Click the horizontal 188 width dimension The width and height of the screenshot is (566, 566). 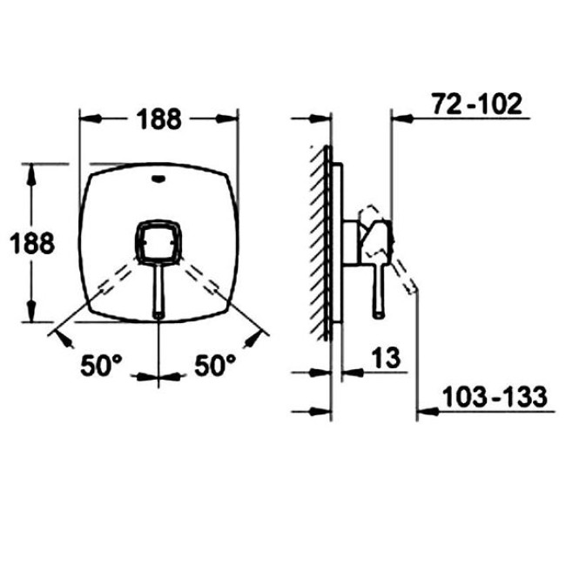click(158, 119)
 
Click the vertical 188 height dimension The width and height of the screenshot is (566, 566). click(32, 243)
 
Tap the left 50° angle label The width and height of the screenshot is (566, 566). click(102, 366)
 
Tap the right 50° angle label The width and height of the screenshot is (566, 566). click(215, 366)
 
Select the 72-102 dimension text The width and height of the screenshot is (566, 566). click(477, 104)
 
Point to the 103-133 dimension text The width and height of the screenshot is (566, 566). click(495, 397)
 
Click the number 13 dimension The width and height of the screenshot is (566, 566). click(386, 358)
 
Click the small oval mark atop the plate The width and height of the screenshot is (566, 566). click(158, 179)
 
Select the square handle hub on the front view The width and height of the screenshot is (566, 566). click(158, 241)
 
